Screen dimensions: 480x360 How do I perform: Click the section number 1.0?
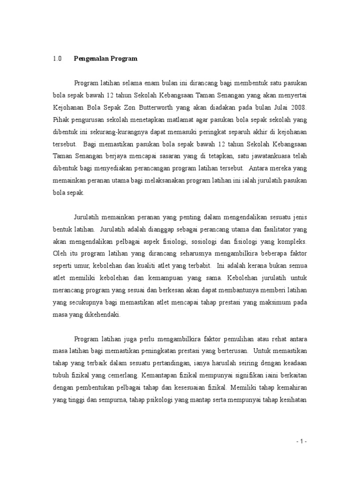tap(57, 59)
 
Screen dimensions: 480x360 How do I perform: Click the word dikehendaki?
tap(101, 315)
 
